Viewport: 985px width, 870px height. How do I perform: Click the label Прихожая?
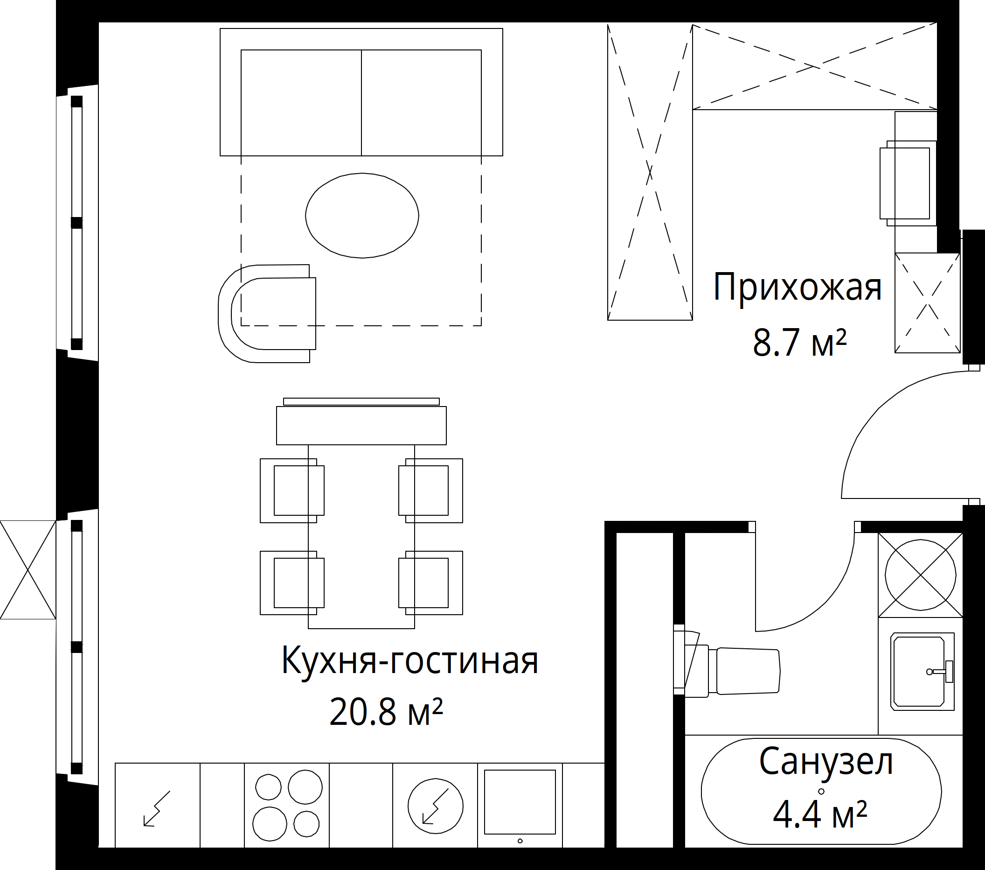(797, 288)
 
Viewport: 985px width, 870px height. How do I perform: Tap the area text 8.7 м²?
(799, 343)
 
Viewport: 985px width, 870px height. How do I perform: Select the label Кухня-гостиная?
(409, 661)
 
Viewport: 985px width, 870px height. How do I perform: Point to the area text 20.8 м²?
(386, 712)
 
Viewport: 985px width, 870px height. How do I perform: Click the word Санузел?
(826, 762)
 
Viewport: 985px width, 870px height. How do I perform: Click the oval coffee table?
(362, 216)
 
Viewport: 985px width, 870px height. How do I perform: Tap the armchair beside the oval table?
(267, 314)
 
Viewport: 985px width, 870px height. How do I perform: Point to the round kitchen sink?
(435, 806)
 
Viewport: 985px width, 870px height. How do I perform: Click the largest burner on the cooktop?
(305, 787)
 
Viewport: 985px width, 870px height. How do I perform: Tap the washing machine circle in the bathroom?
(921, 575)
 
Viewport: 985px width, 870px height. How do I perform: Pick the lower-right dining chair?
(430, 582)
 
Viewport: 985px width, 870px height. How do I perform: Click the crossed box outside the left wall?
(28, 569)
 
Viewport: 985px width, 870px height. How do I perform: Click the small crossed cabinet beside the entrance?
(927, 302)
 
